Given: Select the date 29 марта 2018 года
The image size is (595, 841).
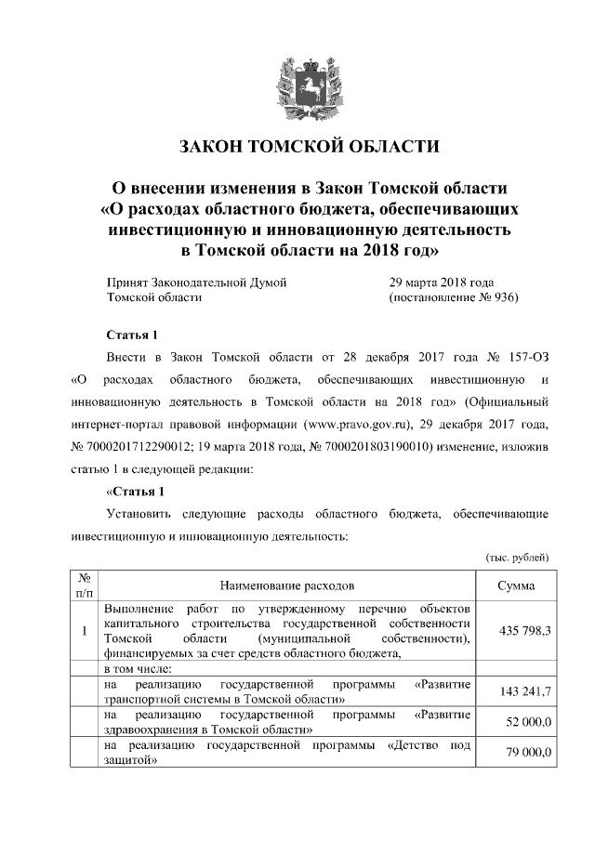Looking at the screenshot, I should pyautogui.click(x=442, y=281).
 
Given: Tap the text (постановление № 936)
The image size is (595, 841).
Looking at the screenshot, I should pyautogui.click(x=453, y=297).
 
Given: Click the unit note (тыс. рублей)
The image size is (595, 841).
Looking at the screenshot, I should pyautogui.click(x=519, y=556).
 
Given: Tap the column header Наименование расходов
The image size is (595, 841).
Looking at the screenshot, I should pyautogui.click(x=287, y=586).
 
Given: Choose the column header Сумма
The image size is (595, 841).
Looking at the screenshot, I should pyautogui.click(x=515, y=586).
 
